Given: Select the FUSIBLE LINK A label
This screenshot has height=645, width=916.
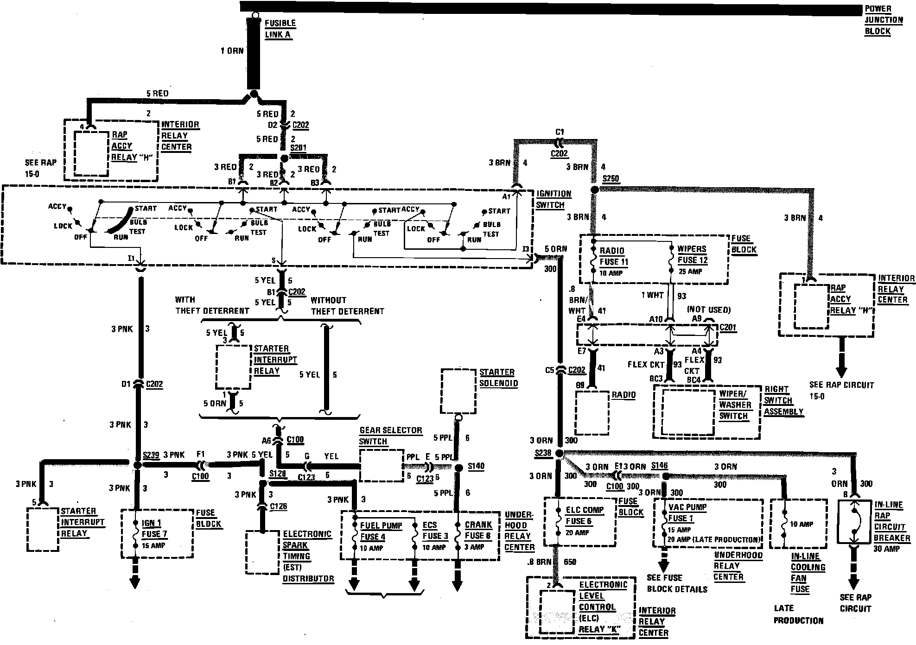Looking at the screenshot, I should point(280,29).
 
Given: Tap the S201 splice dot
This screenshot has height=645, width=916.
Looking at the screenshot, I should point(285,158).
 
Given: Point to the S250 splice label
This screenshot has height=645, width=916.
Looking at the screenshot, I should point(611,179).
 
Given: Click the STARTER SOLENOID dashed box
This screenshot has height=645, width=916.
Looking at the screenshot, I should point(458,391).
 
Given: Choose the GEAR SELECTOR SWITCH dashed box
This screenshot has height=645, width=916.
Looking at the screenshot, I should point(381,465).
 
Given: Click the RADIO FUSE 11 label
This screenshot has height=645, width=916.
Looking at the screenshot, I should point(614,256).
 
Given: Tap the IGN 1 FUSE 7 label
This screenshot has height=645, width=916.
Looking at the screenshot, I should point(154,529).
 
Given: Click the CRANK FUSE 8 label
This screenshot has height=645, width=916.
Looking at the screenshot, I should point(478,530).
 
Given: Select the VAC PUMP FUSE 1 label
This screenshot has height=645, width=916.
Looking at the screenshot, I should point(687,512).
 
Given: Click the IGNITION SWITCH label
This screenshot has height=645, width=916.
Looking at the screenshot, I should point(553,199).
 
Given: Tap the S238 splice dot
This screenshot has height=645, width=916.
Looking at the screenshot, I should point(559,453).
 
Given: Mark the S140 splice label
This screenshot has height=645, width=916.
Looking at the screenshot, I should point(476,466).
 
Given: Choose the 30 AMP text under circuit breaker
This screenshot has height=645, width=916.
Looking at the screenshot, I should point(886,549).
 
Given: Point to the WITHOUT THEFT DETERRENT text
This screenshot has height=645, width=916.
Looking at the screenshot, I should point(347,305).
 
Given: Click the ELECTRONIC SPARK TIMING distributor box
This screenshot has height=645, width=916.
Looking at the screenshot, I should point(262,552).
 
